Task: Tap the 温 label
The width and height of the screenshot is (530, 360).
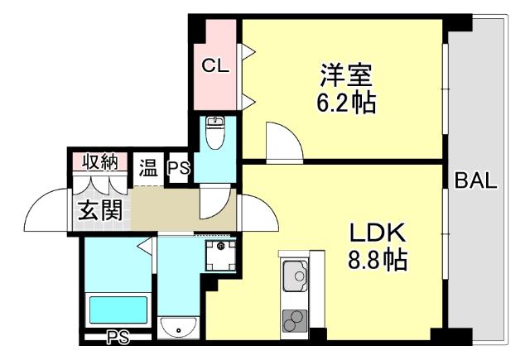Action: (x=148, y=169)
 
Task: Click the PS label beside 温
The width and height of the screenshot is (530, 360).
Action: (x=178, y=169)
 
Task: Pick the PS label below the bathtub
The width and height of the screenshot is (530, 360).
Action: (x=118, y=337)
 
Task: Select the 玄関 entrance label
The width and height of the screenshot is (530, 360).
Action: (x=101, y=209)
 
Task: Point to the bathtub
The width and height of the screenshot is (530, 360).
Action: (x=117, y=310)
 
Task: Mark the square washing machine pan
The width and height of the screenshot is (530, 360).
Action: (x=220, y=257)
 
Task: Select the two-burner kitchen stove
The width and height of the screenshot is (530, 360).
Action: (x=294, y=320)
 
